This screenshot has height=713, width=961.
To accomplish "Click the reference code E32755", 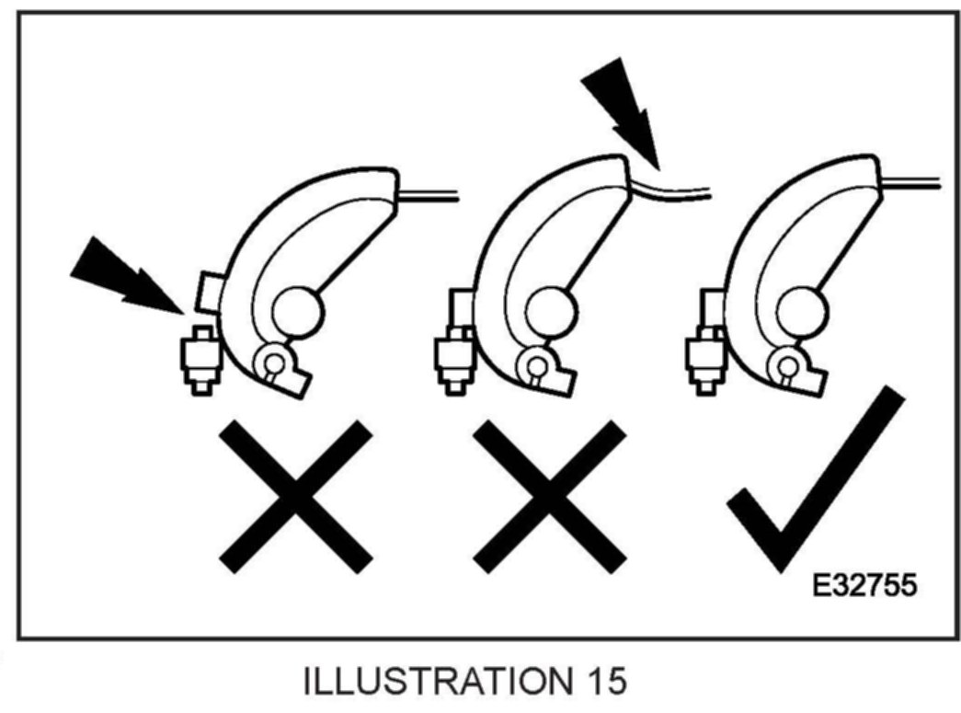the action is tap(864, 585).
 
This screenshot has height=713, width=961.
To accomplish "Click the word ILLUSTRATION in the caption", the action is tap(433, 683).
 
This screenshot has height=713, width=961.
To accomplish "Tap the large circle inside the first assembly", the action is tap(299, 314).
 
